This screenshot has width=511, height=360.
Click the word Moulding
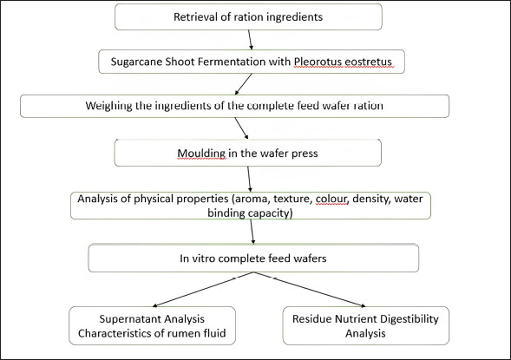coord(201,154)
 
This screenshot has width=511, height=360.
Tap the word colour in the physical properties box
coord(331,199)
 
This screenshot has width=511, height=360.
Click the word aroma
coord(252,199)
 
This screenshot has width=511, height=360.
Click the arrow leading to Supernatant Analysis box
coord(203,290)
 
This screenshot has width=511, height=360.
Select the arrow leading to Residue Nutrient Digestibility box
coord(310,290)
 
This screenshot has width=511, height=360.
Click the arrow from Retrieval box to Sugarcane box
coord(250,40)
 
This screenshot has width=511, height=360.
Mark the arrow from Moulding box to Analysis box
coord(249,179)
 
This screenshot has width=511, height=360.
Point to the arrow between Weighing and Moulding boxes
coord(241,128)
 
